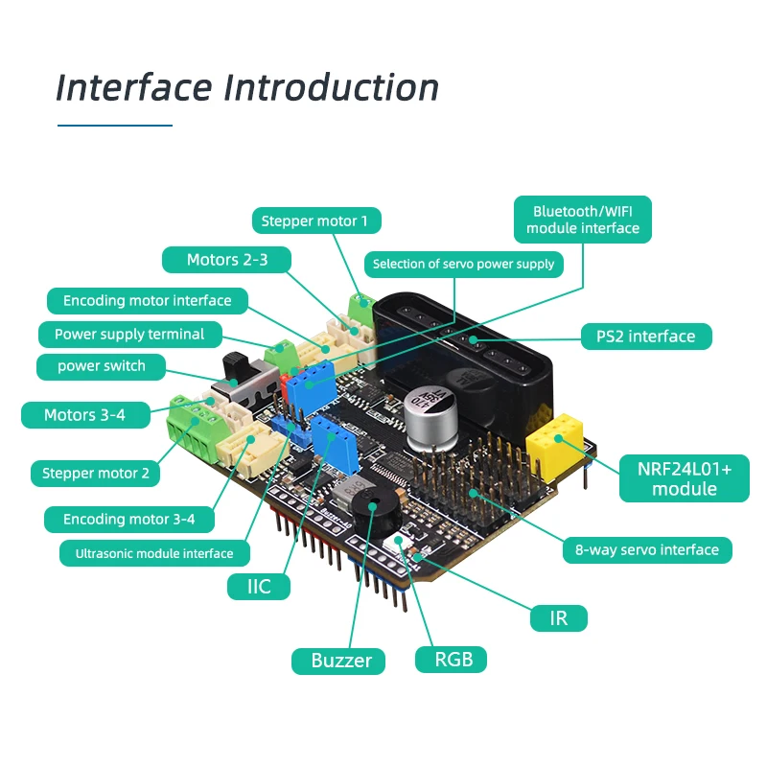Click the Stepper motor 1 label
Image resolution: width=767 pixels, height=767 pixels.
click(316, 221)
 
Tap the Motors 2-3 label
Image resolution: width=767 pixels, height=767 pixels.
click(226, 260)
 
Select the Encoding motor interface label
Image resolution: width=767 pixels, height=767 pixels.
click(148, 300)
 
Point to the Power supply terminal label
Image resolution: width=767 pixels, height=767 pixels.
click(129, 334)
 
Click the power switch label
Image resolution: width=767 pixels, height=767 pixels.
click(102, 366)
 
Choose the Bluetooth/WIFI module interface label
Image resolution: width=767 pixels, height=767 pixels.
click(583, 220)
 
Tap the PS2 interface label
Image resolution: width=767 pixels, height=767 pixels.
click(646, 337)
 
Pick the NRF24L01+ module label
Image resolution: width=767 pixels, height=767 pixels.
click(685, 478)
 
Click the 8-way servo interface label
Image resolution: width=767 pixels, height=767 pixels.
click(647, 550)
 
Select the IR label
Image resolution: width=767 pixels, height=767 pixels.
click(559, 618)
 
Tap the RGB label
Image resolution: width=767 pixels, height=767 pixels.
click(451, 660)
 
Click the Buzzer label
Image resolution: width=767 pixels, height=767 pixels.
click(338, 661)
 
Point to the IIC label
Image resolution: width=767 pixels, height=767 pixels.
click(258, 587)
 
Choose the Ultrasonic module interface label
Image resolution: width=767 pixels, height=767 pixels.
click(154, 553)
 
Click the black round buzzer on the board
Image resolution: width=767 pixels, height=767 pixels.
click(376, 512)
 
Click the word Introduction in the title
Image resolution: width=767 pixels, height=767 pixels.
click(331, 88)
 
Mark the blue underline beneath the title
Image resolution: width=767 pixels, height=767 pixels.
click(115, 126)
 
